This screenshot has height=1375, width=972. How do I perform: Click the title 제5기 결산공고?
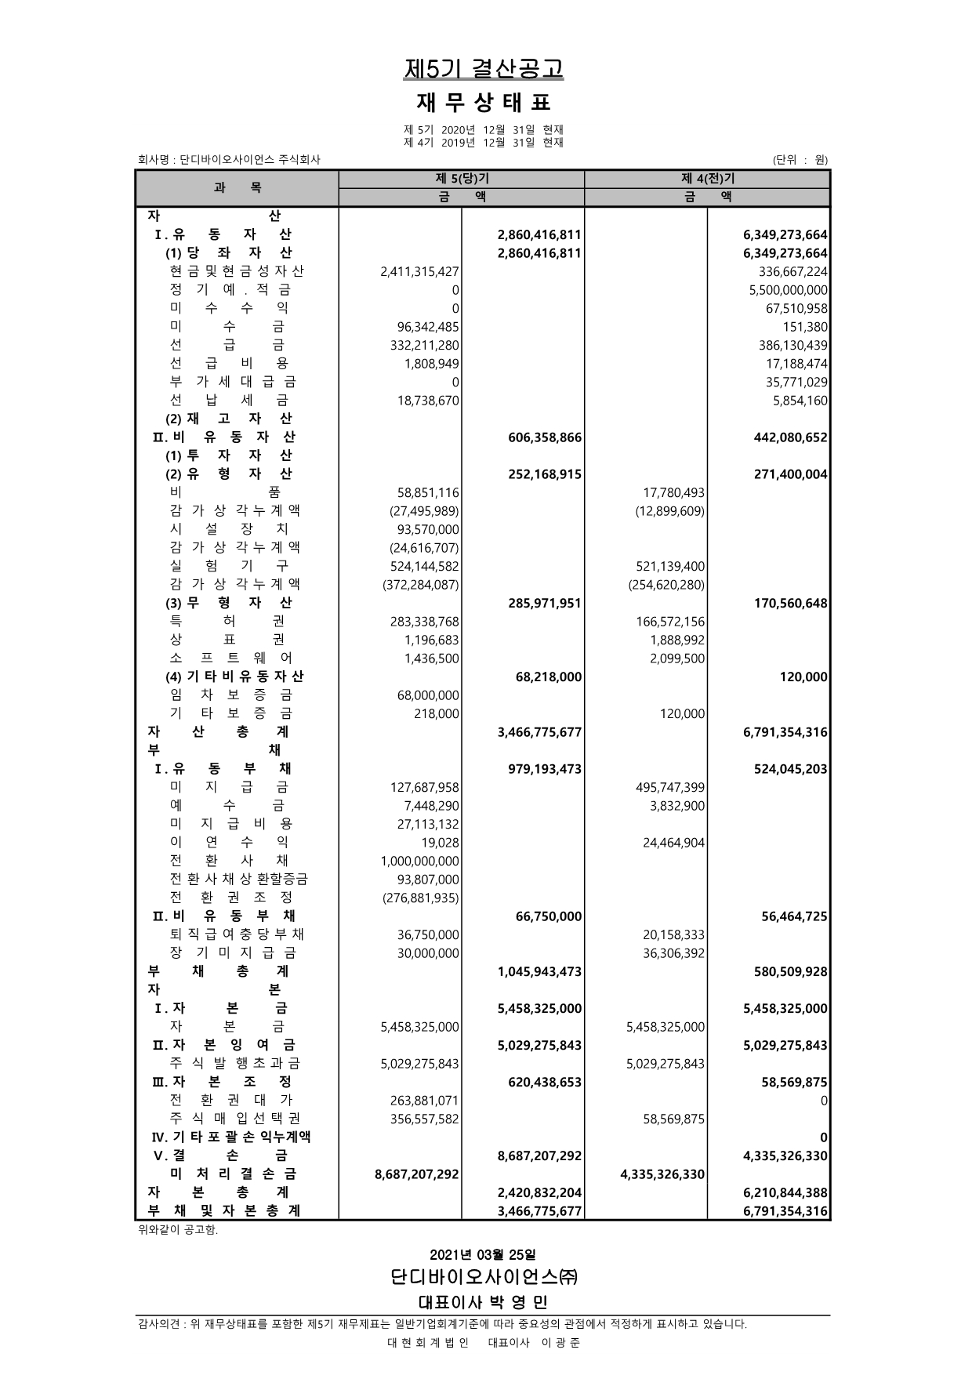pos(484,69)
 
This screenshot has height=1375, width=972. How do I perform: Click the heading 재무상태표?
pos(484,103)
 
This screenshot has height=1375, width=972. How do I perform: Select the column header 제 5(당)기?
pos(461,179)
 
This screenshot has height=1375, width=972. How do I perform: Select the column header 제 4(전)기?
pos(707,179)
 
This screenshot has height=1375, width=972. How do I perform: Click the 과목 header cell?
pos(237,187)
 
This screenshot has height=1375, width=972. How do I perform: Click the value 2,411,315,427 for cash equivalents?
pos(419,271)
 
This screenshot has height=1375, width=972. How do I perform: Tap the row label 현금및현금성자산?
pos(237,271)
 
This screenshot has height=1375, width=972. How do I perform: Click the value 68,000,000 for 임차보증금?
pos(429,695)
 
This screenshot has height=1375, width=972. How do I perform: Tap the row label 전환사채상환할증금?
pos(239,880)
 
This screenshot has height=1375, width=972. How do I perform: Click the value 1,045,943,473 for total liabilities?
pos(540,972)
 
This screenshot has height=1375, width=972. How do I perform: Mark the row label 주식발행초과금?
pos(235,1064)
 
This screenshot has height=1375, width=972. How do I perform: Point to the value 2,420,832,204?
pos(540,1193)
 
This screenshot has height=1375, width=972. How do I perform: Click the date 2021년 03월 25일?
pos(484,1255)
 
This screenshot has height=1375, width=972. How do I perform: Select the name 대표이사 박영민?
pos(484,1302)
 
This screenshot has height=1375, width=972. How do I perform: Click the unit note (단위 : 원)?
pos(800,160)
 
